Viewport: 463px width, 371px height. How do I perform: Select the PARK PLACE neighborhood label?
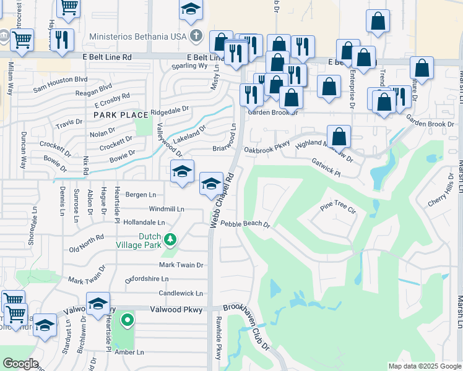pos(121,115)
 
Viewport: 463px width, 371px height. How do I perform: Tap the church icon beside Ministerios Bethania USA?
pos(196,35)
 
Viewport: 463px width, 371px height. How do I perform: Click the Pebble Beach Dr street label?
pos(246,224)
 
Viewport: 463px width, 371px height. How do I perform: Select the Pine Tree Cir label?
pos(339,207)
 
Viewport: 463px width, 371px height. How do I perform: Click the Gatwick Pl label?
pos(326,168)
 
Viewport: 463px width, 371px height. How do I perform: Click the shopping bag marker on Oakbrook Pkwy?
pos(339,136)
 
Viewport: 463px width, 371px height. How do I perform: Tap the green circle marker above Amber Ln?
pos(128,320)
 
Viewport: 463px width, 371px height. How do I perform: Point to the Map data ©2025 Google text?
pos(425,366)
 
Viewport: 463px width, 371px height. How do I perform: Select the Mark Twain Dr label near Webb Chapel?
pos(181,265)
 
